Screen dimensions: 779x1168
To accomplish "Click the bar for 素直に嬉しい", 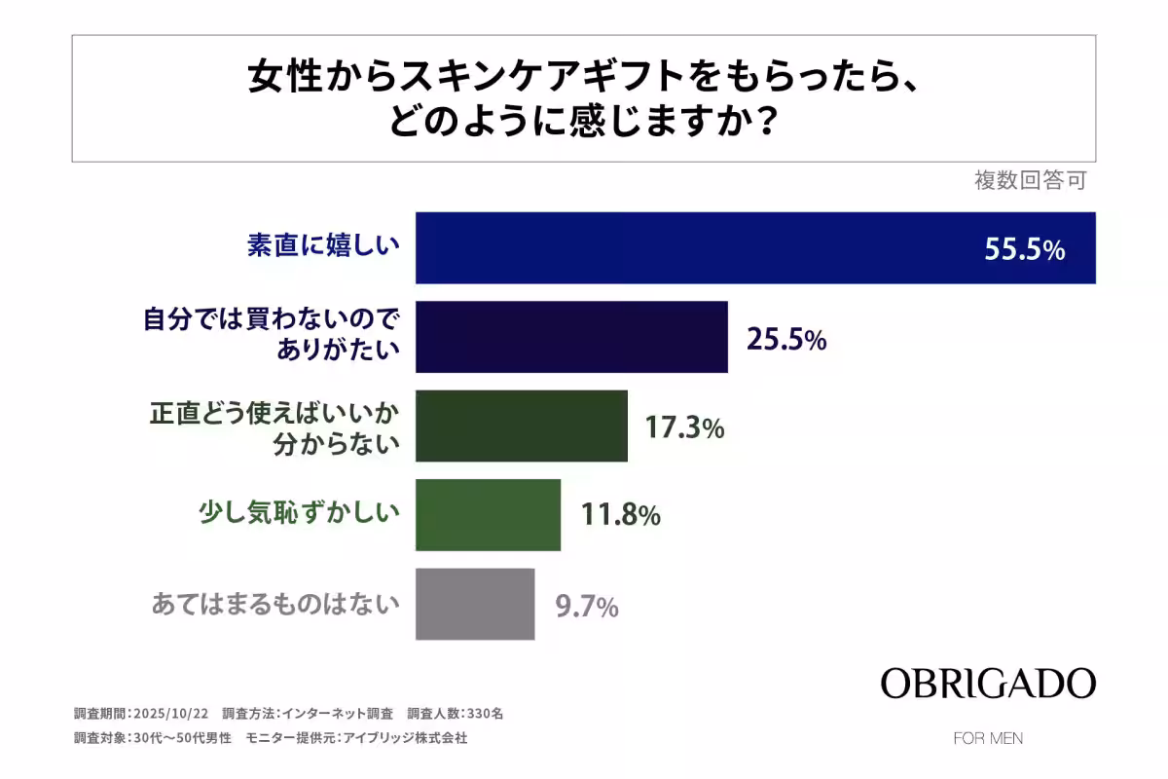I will tap(755, 247).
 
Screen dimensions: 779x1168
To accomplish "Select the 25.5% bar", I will tap(571, 337).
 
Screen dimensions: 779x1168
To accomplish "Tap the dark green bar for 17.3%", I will tap(521, 427).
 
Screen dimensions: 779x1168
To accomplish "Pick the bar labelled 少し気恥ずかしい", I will tap(488, 515).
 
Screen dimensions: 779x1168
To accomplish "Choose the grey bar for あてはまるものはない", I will tap(475, 604).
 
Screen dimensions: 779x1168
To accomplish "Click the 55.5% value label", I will tap(1024, 250).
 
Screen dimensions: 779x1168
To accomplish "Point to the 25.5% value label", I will tap(786, 340).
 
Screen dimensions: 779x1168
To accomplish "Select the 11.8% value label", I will tap(620, 515).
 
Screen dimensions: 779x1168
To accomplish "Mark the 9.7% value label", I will tap(587, 607).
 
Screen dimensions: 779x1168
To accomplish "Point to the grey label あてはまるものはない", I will tap(275, 605).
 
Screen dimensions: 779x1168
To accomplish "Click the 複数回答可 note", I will tap(1030, 180).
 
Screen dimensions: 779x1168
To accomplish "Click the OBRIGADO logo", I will tap(988, 683).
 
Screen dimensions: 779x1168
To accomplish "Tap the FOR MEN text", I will tap(988, 738).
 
